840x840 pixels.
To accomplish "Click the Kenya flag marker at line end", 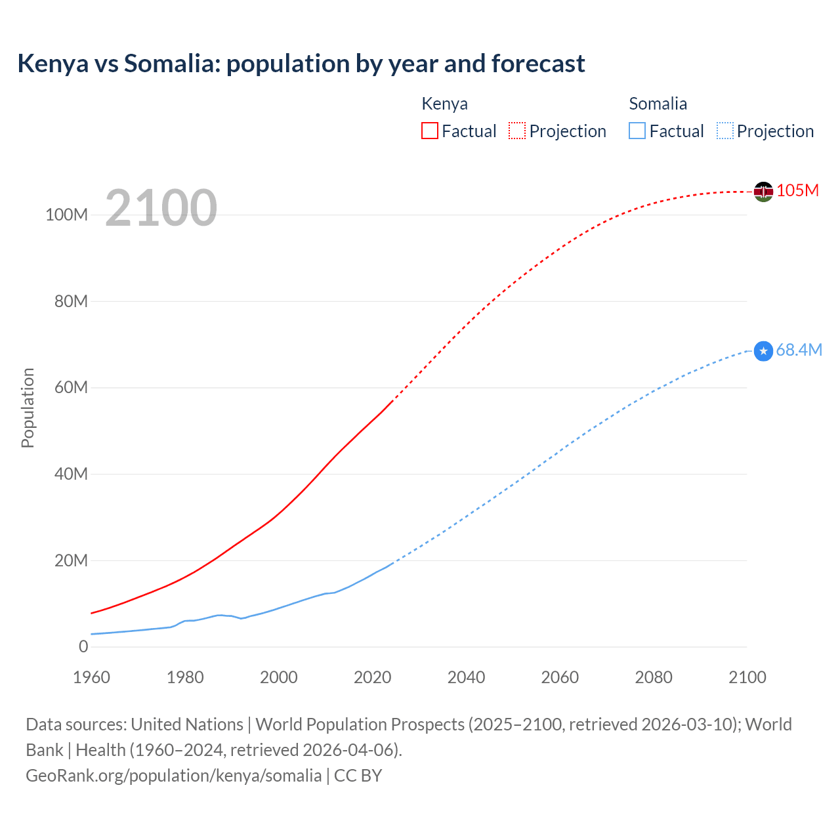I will (x=763, y=192).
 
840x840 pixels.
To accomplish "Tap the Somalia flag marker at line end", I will (x=763, y=351).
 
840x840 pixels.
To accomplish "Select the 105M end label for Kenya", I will (x=797, y=190).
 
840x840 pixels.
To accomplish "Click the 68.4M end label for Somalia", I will (x=799, y=350).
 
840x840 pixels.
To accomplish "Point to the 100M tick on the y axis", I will (x=66, y=215).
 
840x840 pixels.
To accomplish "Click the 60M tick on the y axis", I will (x=71, y=387).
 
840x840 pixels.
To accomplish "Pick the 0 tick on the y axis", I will (x=83, y=646).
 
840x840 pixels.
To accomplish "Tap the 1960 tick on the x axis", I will (x=91, y=677).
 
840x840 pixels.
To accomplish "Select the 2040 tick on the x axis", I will (x=466, y=677).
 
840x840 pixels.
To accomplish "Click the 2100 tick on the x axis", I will (x=747, y=677).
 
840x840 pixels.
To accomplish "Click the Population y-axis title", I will (x=28, y=408).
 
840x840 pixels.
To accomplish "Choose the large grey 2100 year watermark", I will (x=161, y=208).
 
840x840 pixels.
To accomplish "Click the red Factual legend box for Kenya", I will (x=429, y=131).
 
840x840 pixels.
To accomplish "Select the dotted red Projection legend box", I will (x=517, y=131).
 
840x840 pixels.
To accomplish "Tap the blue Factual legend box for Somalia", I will (x=637, y=131).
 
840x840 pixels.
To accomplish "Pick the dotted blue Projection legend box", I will (x=725, y=131).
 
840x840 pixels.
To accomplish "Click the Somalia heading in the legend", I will (x=658, y=104).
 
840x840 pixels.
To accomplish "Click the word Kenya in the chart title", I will (x=52, y=64).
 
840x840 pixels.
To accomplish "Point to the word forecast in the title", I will (x=537, y=64).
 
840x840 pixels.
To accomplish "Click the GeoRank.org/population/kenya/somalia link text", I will (x=174, y=776).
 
